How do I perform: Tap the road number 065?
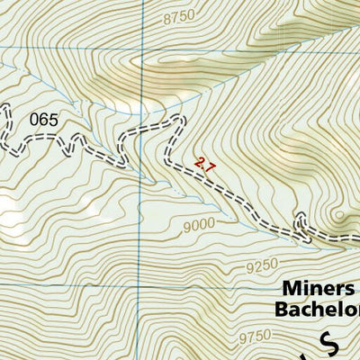click(45, 118)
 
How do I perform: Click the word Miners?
click(319, 289)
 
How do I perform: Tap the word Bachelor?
click(317, 310)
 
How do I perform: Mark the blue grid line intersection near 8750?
click(141, 46)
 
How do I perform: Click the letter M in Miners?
click(290, 289)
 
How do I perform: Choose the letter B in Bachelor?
click(281, 310)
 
